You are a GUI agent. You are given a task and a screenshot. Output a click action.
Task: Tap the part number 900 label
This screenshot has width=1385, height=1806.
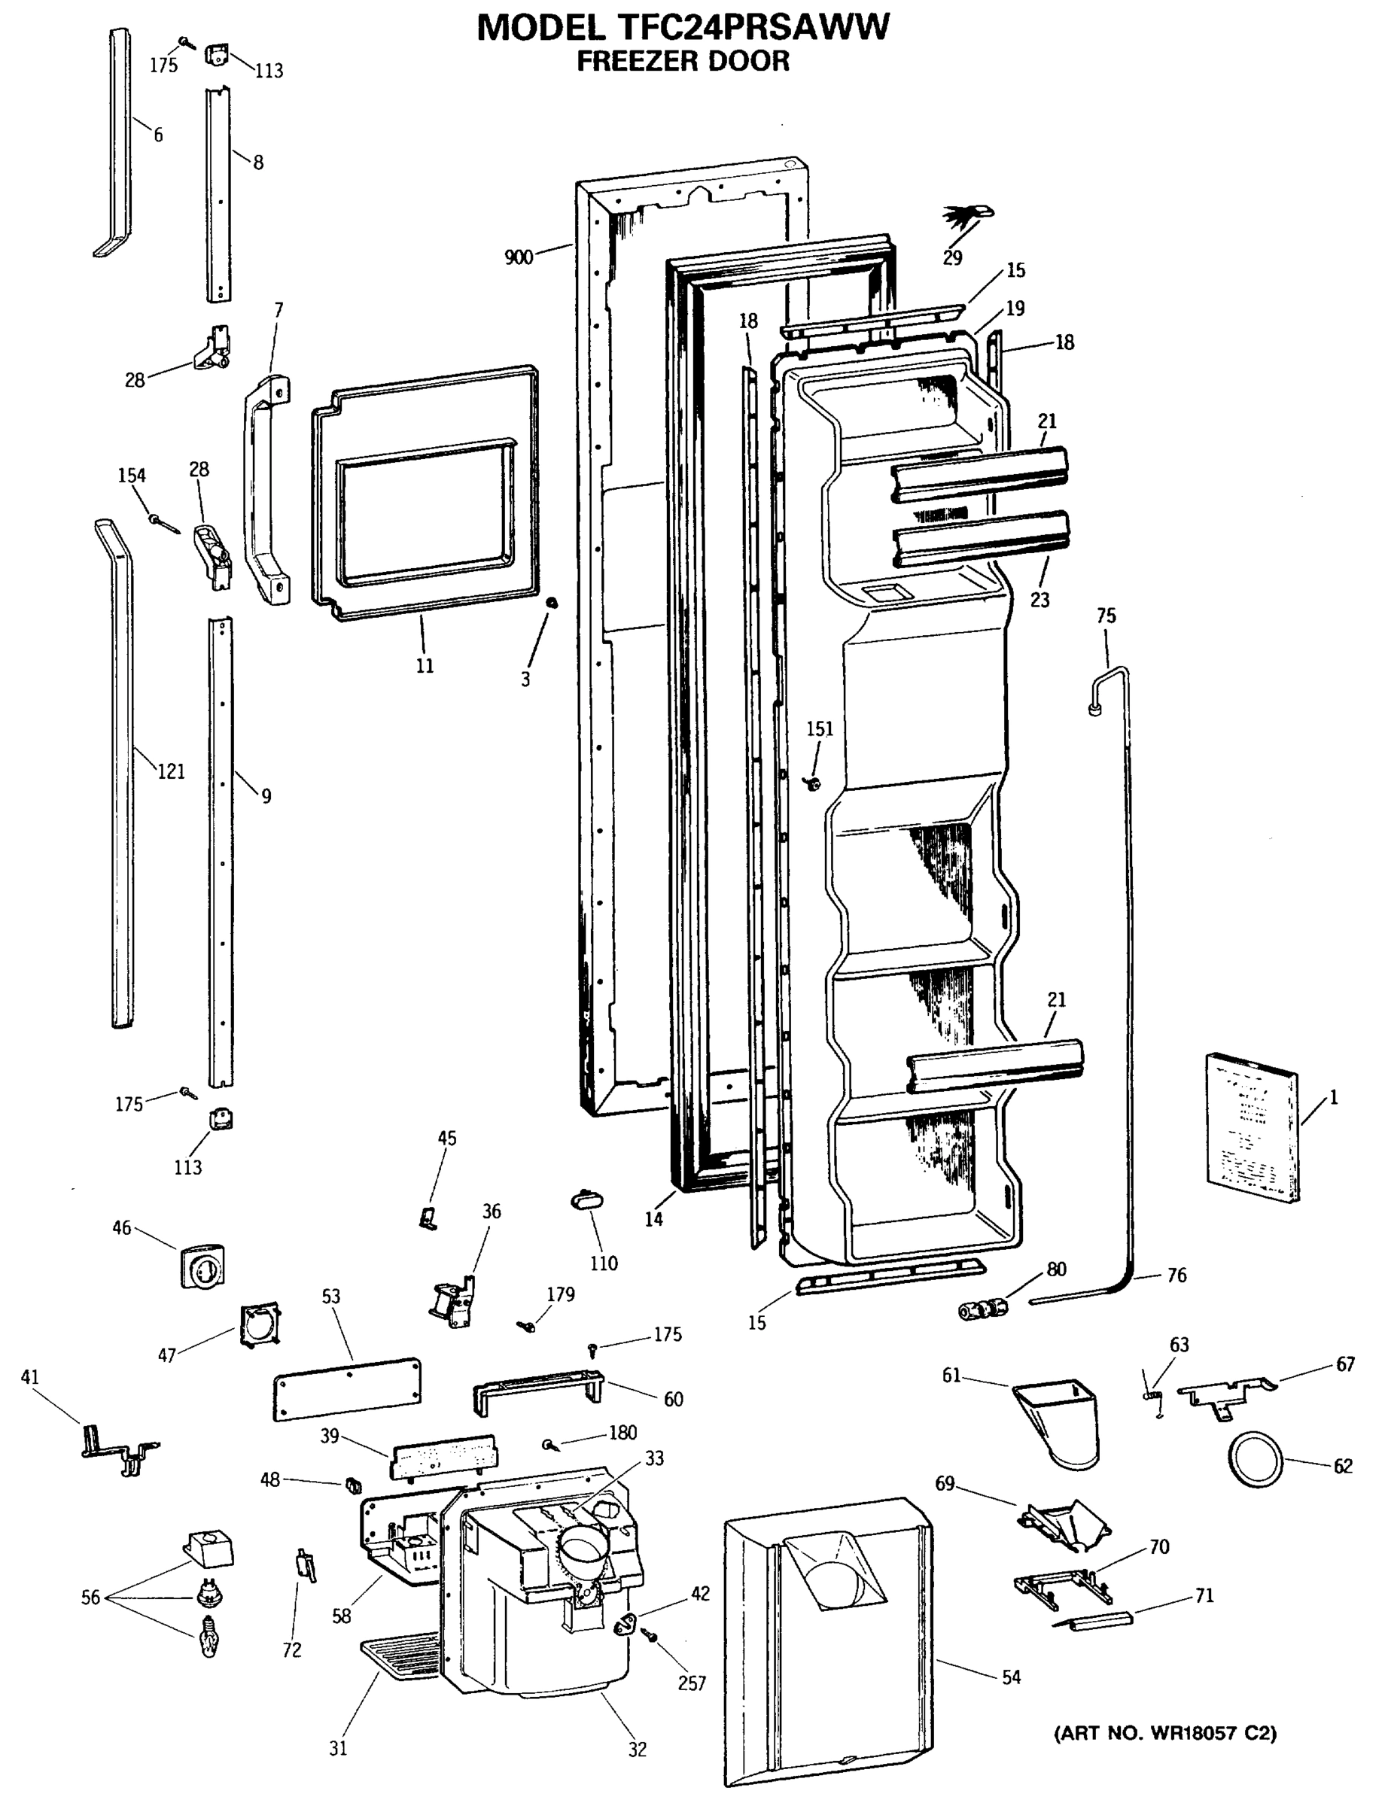[518, 257]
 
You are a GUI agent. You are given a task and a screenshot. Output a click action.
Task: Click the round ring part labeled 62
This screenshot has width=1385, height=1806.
[1256, 1460]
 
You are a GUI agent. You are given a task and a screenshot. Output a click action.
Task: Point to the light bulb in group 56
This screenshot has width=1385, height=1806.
[209, 1636]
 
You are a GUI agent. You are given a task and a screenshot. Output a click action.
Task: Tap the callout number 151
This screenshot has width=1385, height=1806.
[820, 728]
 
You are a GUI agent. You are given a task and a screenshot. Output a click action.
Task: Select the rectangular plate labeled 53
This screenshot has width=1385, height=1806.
[346, 1390]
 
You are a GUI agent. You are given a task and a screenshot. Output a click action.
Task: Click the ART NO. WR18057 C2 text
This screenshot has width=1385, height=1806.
[1165, 1734]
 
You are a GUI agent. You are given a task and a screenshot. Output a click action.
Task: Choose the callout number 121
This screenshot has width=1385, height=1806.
[172, 771]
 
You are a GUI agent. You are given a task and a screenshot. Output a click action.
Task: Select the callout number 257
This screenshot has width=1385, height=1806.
[692, 1683]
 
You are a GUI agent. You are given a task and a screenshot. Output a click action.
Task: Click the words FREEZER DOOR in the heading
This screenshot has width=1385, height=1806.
[683, 61]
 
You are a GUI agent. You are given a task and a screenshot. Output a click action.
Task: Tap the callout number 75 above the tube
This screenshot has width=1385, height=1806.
[1106, 616]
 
